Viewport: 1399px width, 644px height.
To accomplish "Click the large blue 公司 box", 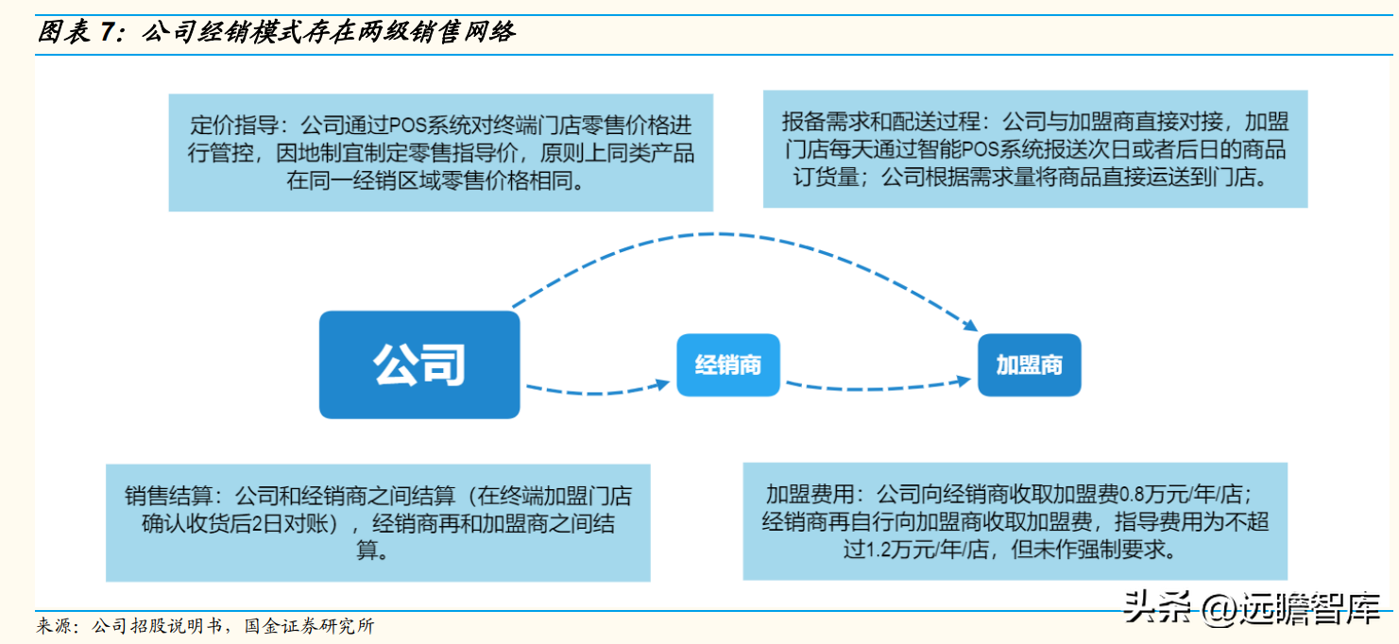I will [x=419, y=364].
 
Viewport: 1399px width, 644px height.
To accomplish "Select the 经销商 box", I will [x=727, y=364].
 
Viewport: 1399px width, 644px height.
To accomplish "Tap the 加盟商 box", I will [x=1029, y=364].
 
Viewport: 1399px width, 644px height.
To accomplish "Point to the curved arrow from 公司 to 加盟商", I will [x=737, y=234].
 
